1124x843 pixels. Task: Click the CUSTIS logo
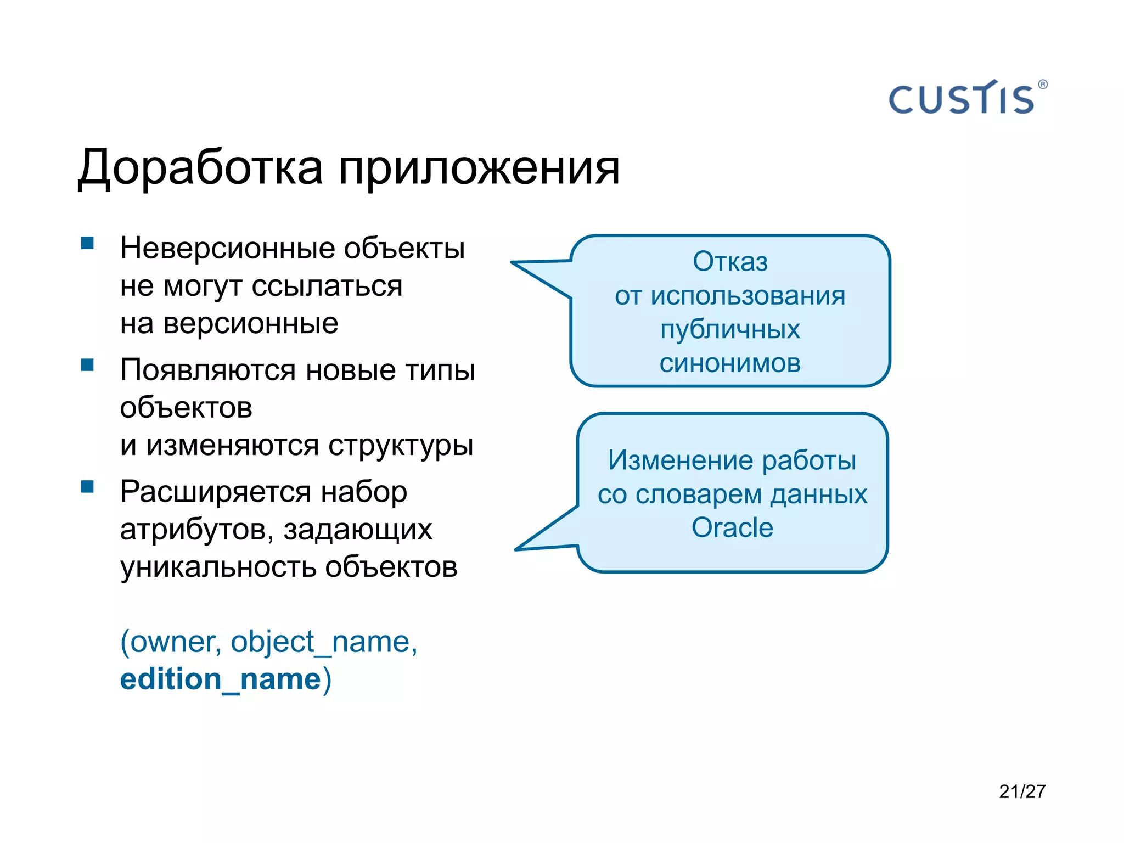pos(962,99)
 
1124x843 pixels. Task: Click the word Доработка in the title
pos(200,168)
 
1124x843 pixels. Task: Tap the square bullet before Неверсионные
pos(87,243)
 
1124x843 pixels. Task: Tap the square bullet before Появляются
pos(87,365)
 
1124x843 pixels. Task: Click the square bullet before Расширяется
pos(87,487)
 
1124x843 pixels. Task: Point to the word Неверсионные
pos(227,248)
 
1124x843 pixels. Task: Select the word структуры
pos(401,445)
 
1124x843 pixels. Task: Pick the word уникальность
pos(218,567)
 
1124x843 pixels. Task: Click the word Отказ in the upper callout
pos(730,261)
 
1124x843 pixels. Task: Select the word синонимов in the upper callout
pos(730,363)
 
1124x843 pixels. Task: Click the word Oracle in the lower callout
pos(732,528)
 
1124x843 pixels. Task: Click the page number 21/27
pos(1022,791)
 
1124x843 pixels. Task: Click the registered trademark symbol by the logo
pos(1043,85)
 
